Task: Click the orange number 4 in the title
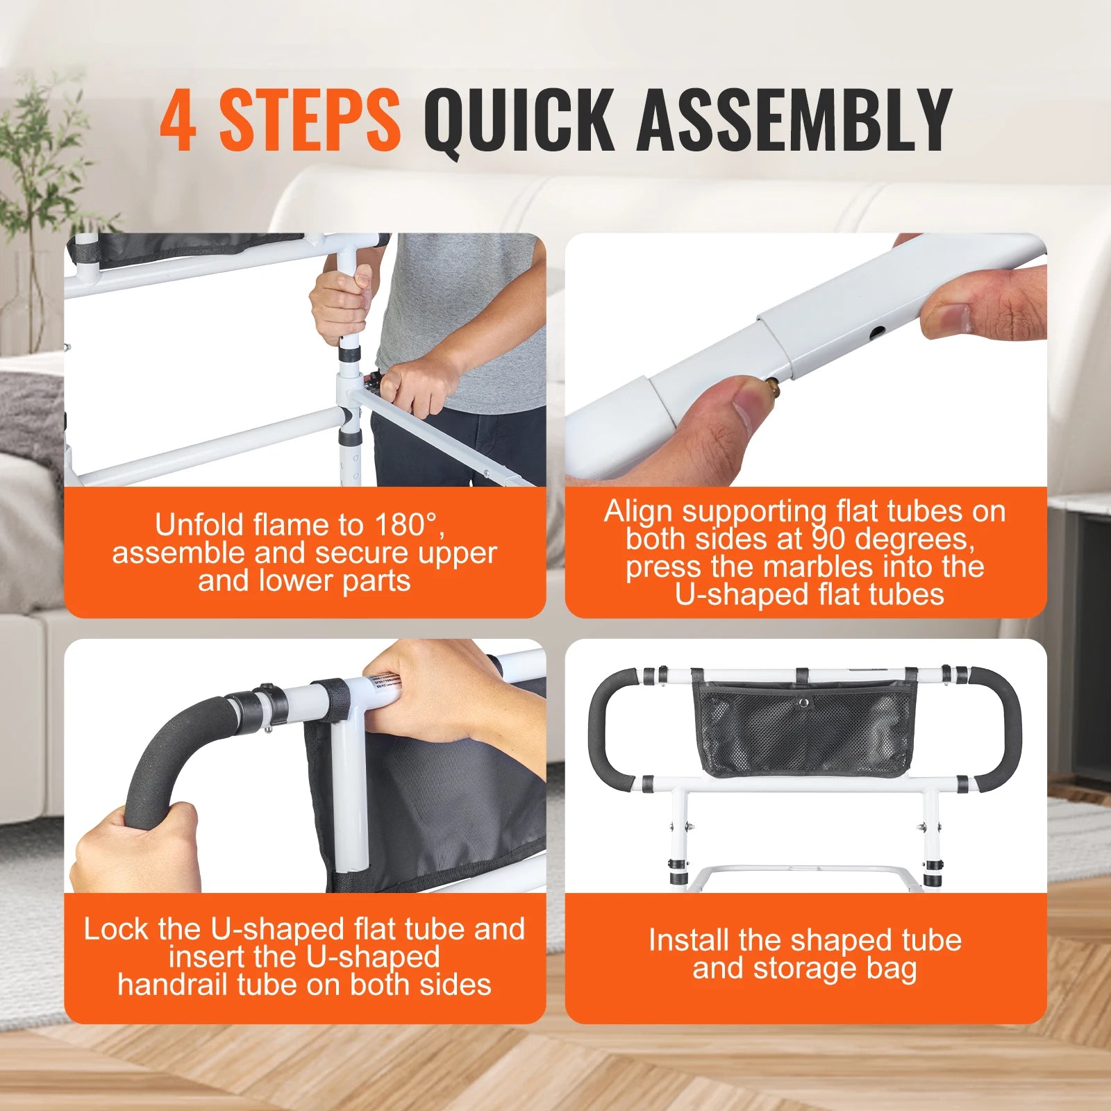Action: (x=177, y=119)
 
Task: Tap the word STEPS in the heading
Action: (x=310, y=119)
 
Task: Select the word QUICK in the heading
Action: (x=519, y=119)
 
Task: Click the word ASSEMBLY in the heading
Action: (x=794, y=119)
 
